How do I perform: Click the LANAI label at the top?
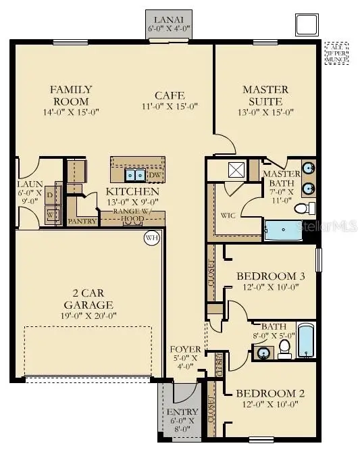click(x=169, y=20)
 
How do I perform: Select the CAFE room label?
click(x=170, y=96)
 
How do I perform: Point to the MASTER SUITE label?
click(x=265, y=95)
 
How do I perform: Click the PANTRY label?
click(x=82, y=220)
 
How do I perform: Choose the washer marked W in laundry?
click(x=50, y=216)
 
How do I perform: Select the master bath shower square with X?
click(x=235, y=169)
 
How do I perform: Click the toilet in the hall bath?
click(x=284, y=347)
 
